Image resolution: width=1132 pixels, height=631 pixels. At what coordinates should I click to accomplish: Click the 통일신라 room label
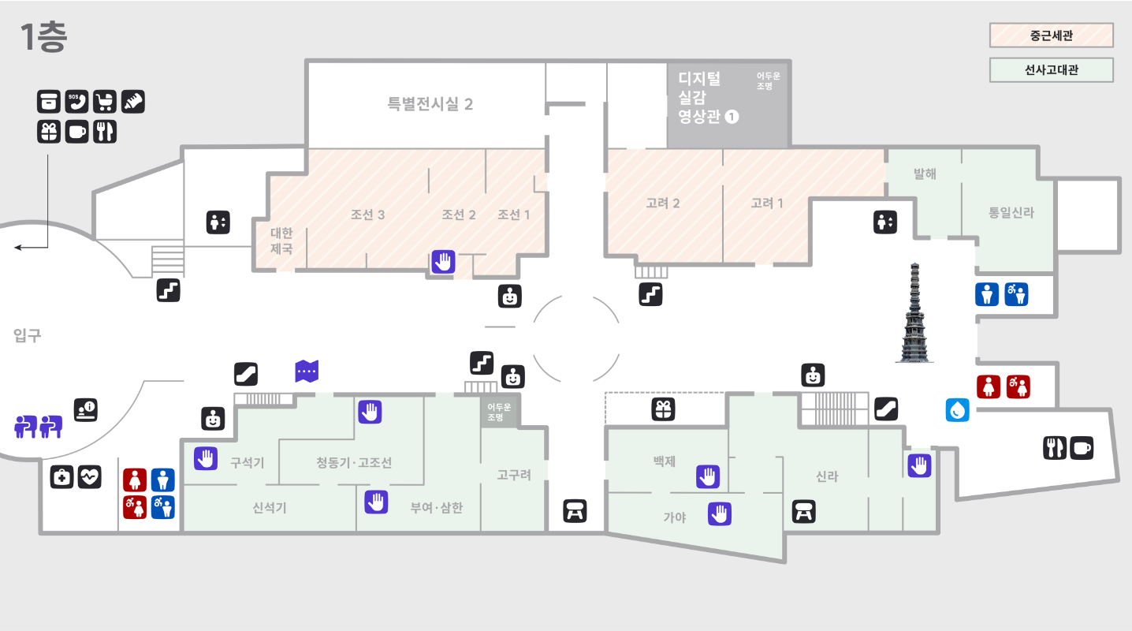point(1011,213)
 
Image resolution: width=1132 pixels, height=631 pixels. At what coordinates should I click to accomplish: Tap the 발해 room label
point(925,174)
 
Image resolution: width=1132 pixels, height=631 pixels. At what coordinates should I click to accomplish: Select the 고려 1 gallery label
point(767,203)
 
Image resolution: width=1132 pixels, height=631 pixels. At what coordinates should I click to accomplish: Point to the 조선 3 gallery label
point(367,215)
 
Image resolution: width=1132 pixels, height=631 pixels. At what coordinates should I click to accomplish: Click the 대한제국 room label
point(281,241)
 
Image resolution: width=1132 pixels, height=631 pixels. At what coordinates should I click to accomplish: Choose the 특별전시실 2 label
point(430,104)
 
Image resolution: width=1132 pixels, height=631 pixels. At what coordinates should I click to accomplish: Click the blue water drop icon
point(958,410)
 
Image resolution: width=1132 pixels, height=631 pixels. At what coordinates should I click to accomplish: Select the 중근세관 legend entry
point(1051,35)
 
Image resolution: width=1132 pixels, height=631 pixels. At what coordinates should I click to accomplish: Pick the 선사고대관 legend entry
point(1051,70)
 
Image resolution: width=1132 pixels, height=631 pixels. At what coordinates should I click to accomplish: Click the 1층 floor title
point(43,37)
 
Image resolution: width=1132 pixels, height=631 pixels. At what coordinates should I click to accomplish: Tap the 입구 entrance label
point(27,336)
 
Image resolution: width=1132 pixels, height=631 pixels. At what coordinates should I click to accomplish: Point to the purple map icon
point(307,371)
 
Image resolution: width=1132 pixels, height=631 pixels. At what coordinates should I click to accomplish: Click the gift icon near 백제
point(663,409)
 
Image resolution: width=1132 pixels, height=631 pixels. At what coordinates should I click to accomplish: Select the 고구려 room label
point(514,475)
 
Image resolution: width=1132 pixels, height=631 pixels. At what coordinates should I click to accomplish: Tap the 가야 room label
point(674,517)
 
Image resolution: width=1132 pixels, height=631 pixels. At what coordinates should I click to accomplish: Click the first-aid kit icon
point(62,476)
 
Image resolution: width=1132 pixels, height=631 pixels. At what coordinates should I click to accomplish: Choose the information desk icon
point(86,409)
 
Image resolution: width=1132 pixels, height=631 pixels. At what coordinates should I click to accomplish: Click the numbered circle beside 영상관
point(732,117)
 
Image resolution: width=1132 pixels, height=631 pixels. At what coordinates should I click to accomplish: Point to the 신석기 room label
point(270,508)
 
